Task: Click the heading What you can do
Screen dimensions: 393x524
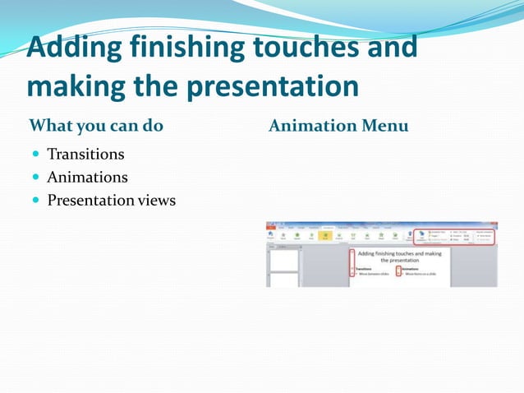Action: click(x=96, y=126)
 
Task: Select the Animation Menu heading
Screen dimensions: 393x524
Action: click(x=338, y=126)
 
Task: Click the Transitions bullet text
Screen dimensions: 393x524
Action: click(x=85, y=154)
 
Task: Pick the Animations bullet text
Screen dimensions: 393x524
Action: click(x=87, y=177)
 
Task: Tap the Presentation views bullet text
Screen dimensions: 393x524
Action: click(x=111, y=200)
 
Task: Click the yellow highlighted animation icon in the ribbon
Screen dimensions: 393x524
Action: click(x=325, y=236)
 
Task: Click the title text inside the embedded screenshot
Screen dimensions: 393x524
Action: click(x=400, y=257)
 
